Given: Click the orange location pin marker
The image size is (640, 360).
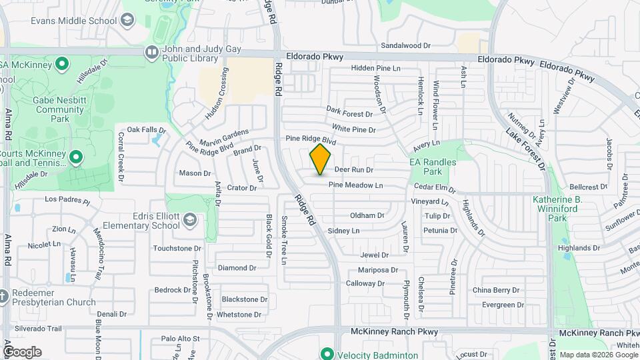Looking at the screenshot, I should [320, 159].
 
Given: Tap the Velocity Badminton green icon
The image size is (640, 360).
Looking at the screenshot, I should [327, 354].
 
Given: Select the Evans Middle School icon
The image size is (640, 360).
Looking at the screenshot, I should [126, 21].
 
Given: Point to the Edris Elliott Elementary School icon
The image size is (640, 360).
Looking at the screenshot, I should [190, 219].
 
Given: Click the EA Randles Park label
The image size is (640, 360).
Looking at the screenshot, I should [433, 167].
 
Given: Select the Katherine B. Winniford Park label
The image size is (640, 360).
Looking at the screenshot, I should [558, 209].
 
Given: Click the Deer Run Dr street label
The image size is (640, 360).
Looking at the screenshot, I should [353, 170].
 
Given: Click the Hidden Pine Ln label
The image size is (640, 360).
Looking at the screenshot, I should [376, 68].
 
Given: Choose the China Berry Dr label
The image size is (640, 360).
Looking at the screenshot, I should [495, 290].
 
